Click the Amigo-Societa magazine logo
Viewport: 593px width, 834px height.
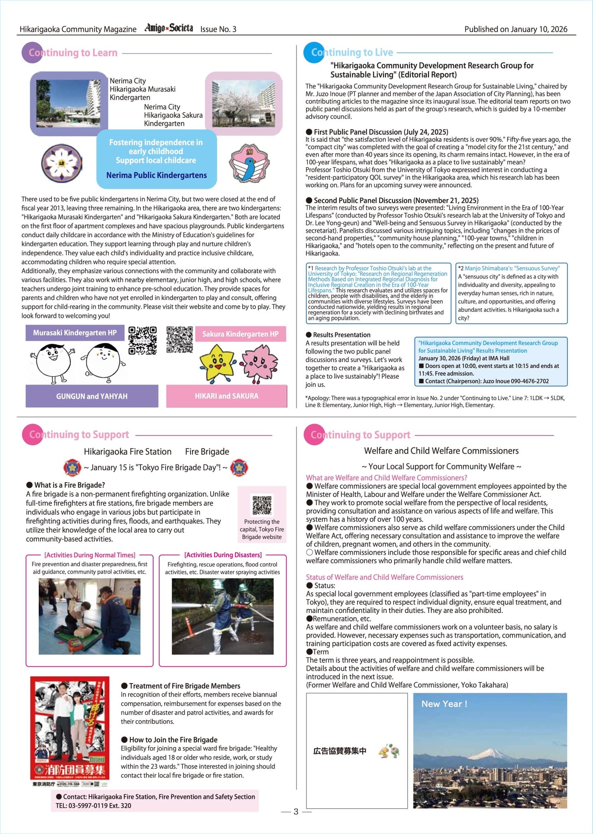[x=168, y=28]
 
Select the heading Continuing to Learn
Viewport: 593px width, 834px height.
[x=73, y=53]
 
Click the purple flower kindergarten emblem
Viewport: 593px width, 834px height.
[x=61, y=163]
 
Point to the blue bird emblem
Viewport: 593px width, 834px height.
[x=250, y=164]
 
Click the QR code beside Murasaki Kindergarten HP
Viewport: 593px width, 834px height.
[x=142, y=340]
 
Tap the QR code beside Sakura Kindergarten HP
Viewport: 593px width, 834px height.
[x=180, y=340]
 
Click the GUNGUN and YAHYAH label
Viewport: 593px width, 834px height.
[x=92, y=396]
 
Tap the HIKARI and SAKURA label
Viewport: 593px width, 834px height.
[x=226, y=396]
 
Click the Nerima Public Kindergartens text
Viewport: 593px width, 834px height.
[x=156, y=175]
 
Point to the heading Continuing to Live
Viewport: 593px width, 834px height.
[x=352, y=52]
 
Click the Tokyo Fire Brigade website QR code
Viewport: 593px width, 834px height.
[x=262, y=505]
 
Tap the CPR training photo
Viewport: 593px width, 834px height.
[x=89, y=616]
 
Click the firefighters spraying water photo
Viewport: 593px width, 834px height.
[x=222, y=616]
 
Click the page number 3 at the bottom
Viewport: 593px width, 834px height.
[x=296, y=812]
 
